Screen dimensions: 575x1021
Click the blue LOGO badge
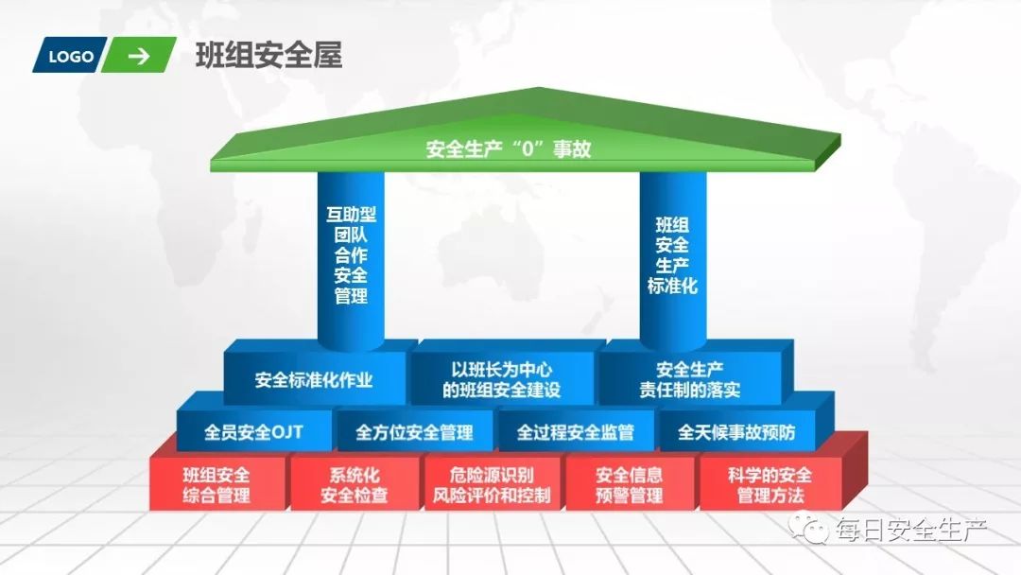click(71, 56)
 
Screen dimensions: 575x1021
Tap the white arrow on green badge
click(139, 56)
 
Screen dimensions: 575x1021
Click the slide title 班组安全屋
click(268, 56)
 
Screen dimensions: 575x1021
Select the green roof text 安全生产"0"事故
click(509, 148)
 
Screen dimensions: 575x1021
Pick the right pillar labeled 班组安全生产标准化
click(672, 255)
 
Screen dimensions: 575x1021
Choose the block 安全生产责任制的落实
click(698, 379)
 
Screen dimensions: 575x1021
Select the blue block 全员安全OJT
click(253, 433)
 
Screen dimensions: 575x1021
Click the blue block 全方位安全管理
click(414, 433)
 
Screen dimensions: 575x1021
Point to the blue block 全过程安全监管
click(575, 433)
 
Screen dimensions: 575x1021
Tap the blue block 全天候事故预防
click(736, 433)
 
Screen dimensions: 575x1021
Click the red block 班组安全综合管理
click(216, 484)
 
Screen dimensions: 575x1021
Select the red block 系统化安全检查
click(354, 484)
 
